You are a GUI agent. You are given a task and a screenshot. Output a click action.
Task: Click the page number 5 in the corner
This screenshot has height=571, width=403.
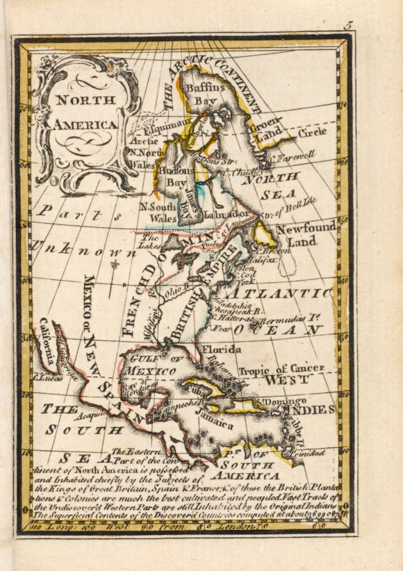350,25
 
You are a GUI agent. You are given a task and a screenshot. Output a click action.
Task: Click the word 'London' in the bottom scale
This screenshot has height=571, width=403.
233,527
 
